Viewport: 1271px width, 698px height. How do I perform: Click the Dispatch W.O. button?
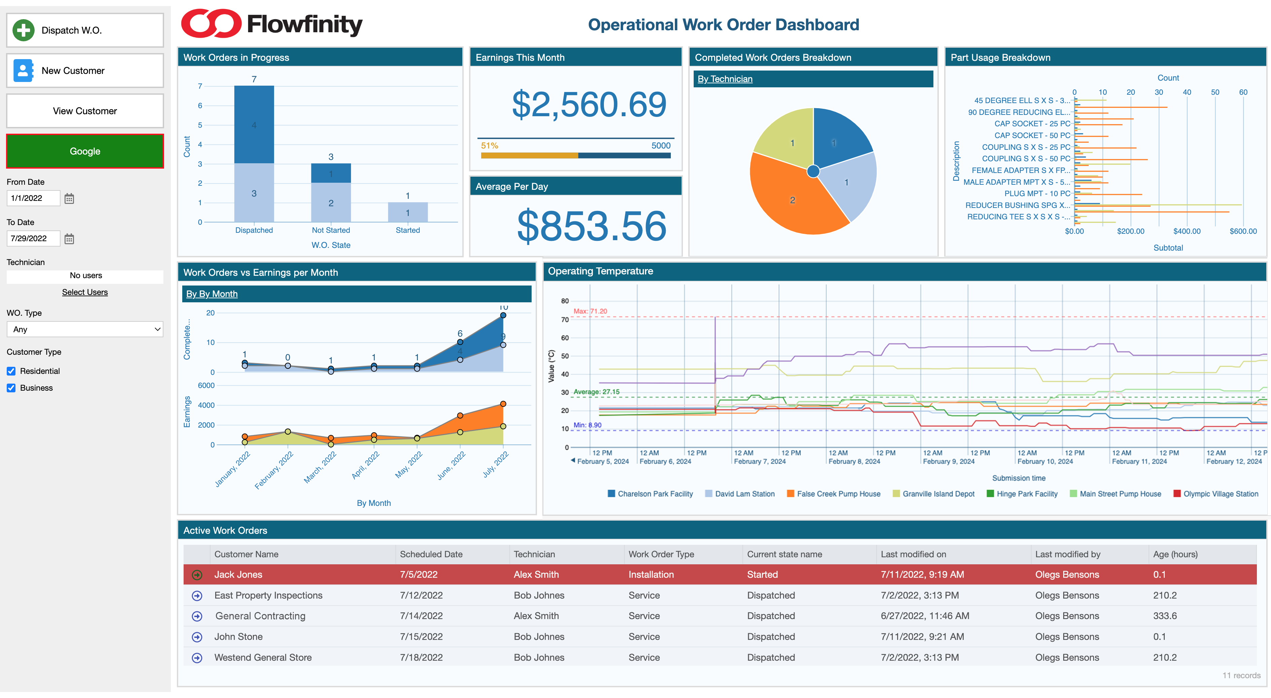coord(84,30)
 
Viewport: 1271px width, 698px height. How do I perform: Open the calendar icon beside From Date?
coord(69,199)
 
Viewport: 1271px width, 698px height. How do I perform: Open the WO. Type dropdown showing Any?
coord(84,329)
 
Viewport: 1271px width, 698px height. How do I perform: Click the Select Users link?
coord(84,292)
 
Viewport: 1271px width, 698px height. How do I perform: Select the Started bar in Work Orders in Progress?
coord(408,212)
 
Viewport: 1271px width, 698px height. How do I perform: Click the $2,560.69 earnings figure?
coord(589,104)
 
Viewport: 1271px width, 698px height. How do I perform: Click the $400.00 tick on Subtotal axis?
coord(1187,231)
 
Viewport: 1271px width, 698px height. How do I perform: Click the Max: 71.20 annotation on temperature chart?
coord(590,311)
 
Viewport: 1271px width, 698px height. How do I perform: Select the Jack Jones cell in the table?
coord(238,575)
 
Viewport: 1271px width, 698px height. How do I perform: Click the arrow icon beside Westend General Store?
coord(197,658)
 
